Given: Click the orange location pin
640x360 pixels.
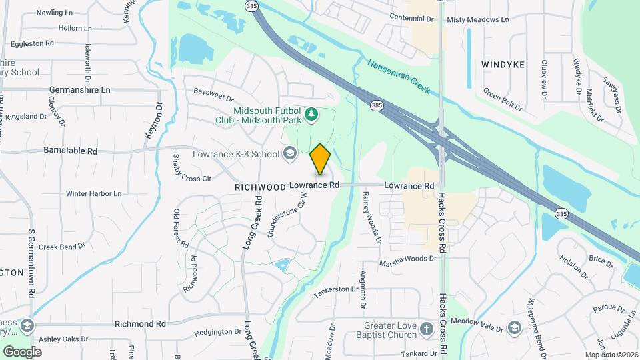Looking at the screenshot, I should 321,159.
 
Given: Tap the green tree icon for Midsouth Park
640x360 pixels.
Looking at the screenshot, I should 310,115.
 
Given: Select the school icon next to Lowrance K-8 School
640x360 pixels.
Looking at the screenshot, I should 289,154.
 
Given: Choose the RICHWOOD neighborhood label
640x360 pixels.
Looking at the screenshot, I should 260,188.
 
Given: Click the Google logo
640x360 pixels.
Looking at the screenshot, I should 22,351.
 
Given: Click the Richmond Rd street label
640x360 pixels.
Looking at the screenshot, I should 140,323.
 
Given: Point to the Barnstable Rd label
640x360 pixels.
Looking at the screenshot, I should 70,151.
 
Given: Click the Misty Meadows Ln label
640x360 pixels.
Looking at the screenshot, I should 478,20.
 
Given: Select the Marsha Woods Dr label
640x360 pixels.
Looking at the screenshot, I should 407,258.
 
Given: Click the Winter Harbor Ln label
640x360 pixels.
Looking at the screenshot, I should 93,193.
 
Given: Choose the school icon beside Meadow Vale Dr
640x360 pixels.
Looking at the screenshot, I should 514,327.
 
